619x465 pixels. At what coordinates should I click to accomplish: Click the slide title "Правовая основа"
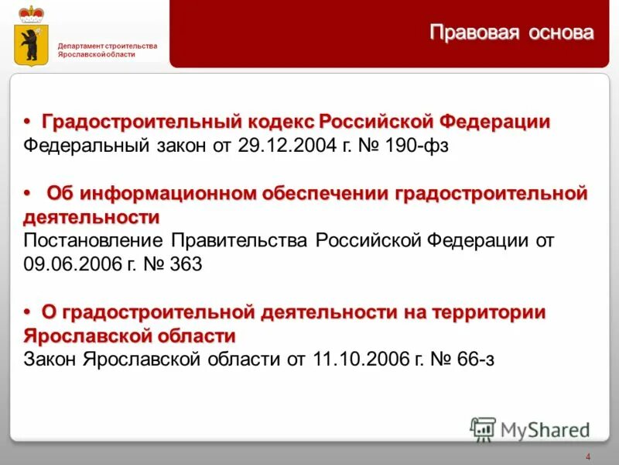point(512,33)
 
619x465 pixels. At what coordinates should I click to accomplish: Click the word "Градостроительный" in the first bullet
point(144,122)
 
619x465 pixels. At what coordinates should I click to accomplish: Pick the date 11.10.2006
point(355,359)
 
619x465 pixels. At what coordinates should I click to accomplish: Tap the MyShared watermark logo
point(529,429)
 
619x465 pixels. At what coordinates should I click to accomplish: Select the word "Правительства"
point(241,240)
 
